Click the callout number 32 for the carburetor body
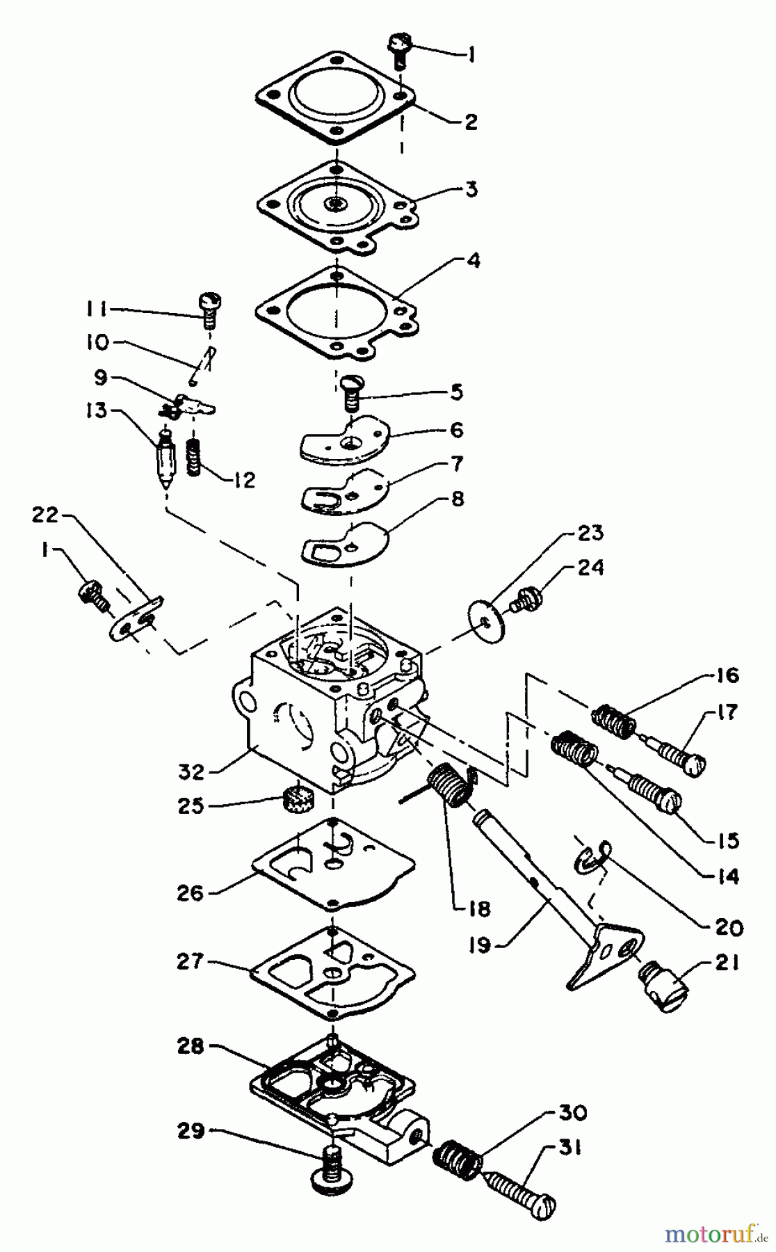(x=191, y=771)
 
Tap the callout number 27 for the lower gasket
(x=191, y=963)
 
